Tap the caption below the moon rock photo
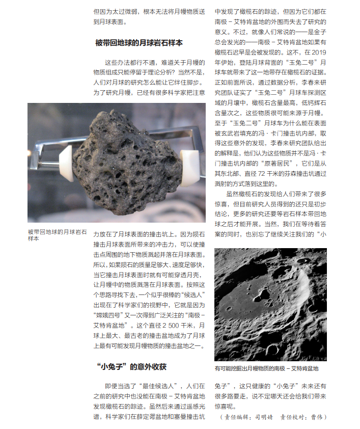(57, 235)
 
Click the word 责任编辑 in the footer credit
(236, 417)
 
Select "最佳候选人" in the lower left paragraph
(153, 386)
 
